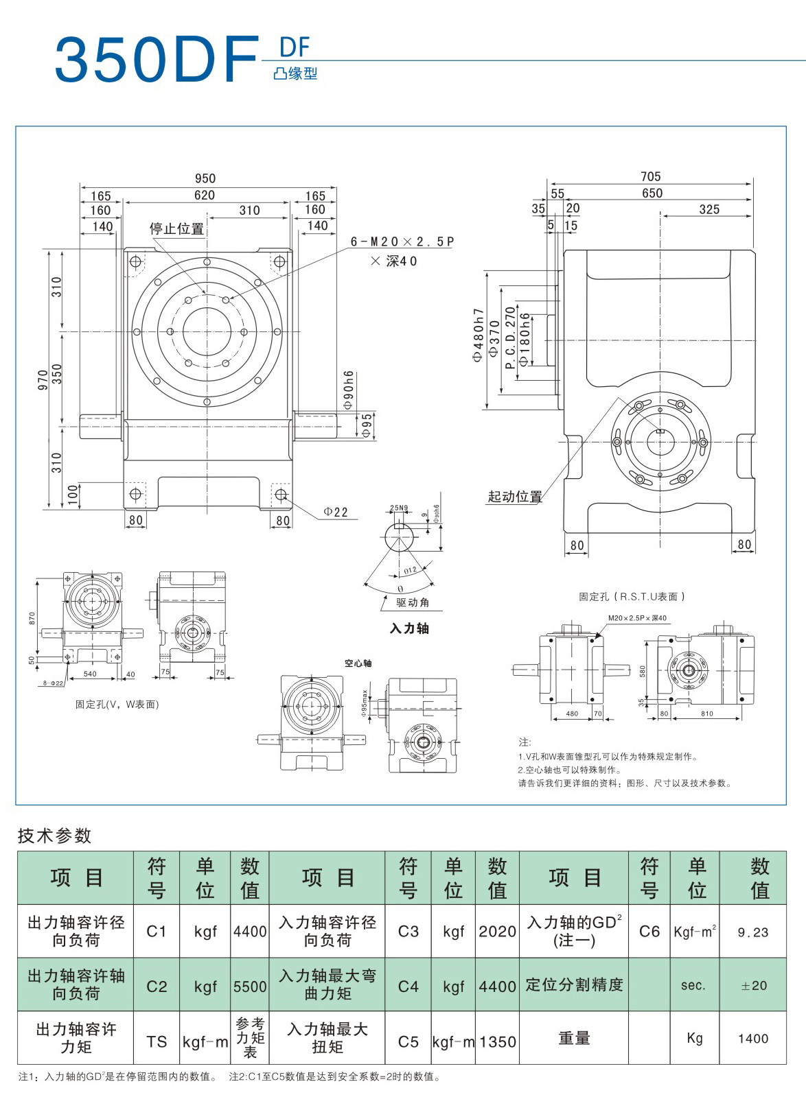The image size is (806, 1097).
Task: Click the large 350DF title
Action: [157, 60]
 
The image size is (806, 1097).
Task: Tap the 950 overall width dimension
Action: [205, 178]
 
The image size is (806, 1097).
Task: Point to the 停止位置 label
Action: [176, 229]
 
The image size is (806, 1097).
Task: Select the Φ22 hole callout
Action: [336, 512]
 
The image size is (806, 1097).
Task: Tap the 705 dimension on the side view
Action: [650, 177]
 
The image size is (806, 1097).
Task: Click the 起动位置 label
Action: [514, 497]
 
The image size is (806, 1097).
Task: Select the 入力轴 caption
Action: [409, 628]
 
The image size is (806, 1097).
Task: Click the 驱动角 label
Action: [413, 602]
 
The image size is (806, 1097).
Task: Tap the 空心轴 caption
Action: [358, 663]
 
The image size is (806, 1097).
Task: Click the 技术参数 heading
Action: [54, 836]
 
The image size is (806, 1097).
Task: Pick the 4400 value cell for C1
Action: [250, 931]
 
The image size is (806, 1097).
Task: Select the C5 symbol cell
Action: [408, 1041]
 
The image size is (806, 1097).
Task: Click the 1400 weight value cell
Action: [753, 1039]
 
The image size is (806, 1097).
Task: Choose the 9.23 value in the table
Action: [753, 932]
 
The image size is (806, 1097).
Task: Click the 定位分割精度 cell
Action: [574, 985]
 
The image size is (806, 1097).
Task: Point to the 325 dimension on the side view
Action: [709, 209]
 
